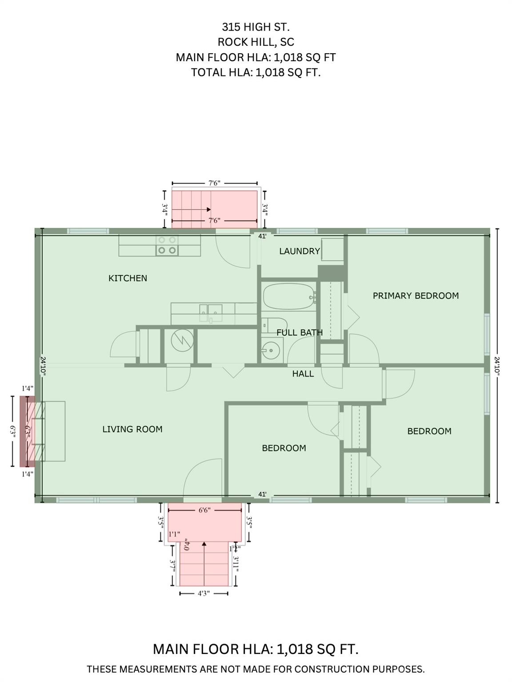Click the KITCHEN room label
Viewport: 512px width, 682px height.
[128, 278]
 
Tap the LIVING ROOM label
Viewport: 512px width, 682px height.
[132, 429]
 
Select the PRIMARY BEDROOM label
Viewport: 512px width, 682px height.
[416, 296]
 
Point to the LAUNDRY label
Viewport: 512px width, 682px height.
[299, 251]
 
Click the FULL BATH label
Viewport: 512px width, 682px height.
[300, 333]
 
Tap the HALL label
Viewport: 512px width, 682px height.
[303, 374]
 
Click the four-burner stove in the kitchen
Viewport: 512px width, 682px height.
[167, 246]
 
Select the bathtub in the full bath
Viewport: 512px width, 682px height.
[289, 297]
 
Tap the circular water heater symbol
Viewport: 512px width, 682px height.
[182, 340]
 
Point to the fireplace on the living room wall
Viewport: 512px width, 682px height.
[36, 431]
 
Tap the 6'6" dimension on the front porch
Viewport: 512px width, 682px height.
[204, 511]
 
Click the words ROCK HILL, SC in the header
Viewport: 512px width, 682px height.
[256, 42]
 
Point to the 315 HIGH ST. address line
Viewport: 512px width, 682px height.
[256, 27]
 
